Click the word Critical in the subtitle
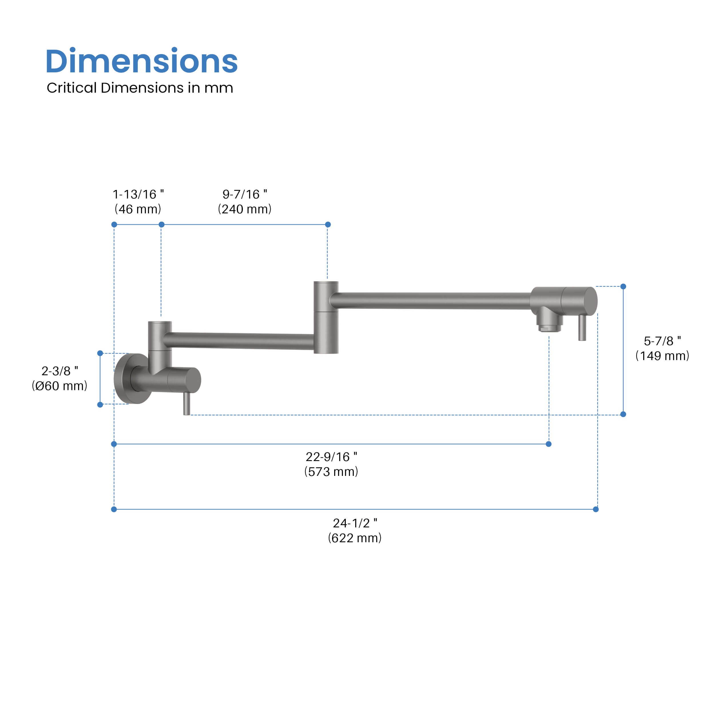[x=71, y=88]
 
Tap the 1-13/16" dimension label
[x=138, y=194]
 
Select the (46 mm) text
[x=138, y=209]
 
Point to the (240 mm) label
[x=245, y=209]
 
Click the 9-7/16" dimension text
[x=245, y=194]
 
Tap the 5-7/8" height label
[x=662, y=341]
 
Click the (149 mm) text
[x=662, y=356]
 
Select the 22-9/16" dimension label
[x=331, y=457]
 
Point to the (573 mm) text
[x=331, y=472]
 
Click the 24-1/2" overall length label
[x=355, y=523]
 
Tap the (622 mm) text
[x=355, y=538]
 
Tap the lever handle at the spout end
[x=582, y=328]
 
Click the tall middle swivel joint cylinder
[x=326, y=317]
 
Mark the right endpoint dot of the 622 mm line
[x=596, y=509]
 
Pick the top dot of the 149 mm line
[x=623, y=287]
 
